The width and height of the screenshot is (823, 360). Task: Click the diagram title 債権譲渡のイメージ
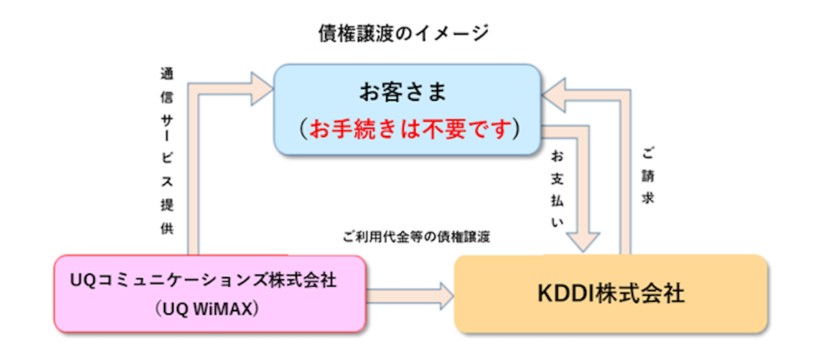pyautogui.click(x=403, y=34)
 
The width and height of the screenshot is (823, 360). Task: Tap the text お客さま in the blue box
pyautogui.click(x=403, y=92)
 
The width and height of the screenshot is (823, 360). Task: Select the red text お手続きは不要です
pyautogui.click(x=410, y=129)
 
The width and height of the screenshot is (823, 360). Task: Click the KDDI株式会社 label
pyautogui.click(x=611, y=294)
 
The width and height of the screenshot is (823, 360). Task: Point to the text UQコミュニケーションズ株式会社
pyautogui.click(x=203, y=280)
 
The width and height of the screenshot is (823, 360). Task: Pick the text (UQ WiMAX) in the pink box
pyautogui.click(x=207, y=309)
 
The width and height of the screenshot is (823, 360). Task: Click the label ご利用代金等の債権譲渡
pyautogui.click(x=416, y=237)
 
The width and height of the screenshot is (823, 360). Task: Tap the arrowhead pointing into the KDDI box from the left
pyautogui.click(x=446, y=296)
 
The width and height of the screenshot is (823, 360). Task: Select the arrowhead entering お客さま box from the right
pyautogui.click(x=553, y=95)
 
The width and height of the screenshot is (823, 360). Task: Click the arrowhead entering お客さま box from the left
pyautogui.click(x=262, y=89)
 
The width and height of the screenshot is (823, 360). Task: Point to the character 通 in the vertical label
pyautogui.click(x=167, y=74)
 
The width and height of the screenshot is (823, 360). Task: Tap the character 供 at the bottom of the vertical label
pyautogui.click(x=167, y=228)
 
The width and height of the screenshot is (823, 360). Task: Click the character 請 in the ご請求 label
pyautogui.click(x=647, y=176)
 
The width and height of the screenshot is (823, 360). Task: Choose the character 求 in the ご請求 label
pyautogui.click(x=647, y=198)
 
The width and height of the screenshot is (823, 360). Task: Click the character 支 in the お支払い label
pyautogui.click(x=557, y=179)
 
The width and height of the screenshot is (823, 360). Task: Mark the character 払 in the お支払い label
pyautogui.click(x=557, y=201)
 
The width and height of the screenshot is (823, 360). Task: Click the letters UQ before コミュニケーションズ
pyautogui.click(x=84, y=280)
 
